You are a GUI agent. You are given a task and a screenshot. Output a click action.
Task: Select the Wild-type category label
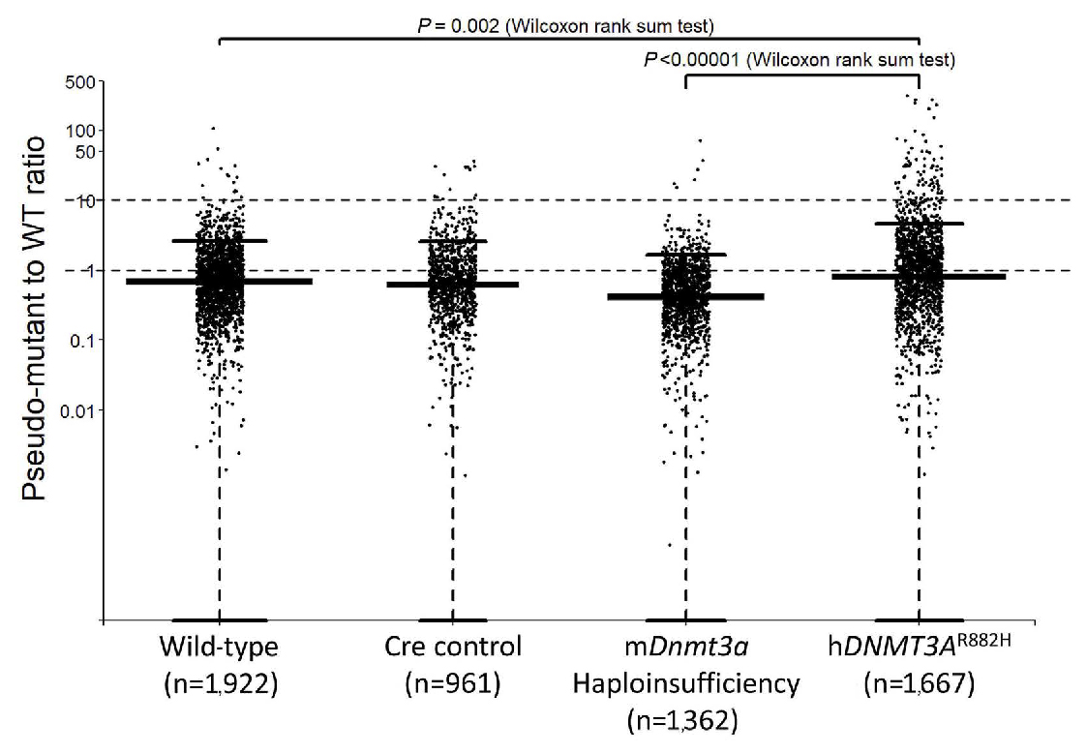220,647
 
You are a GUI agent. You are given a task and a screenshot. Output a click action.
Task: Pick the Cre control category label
452,647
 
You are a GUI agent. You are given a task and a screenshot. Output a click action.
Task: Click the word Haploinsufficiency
685,684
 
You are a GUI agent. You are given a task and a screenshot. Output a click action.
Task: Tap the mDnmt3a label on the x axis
685,647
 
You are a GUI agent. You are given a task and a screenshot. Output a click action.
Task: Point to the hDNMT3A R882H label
918,645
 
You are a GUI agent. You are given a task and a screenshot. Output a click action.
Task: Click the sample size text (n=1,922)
220,684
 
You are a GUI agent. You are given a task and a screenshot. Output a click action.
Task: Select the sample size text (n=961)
452,684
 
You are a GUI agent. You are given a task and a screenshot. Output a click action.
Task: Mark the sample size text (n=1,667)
918,684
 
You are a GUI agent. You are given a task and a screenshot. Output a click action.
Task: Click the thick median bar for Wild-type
220,282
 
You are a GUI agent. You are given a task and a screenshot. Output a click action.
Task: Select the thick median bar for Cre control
452,285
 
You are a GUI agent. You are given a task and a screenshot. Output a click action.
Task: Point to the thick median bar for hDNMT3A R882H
918,277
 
